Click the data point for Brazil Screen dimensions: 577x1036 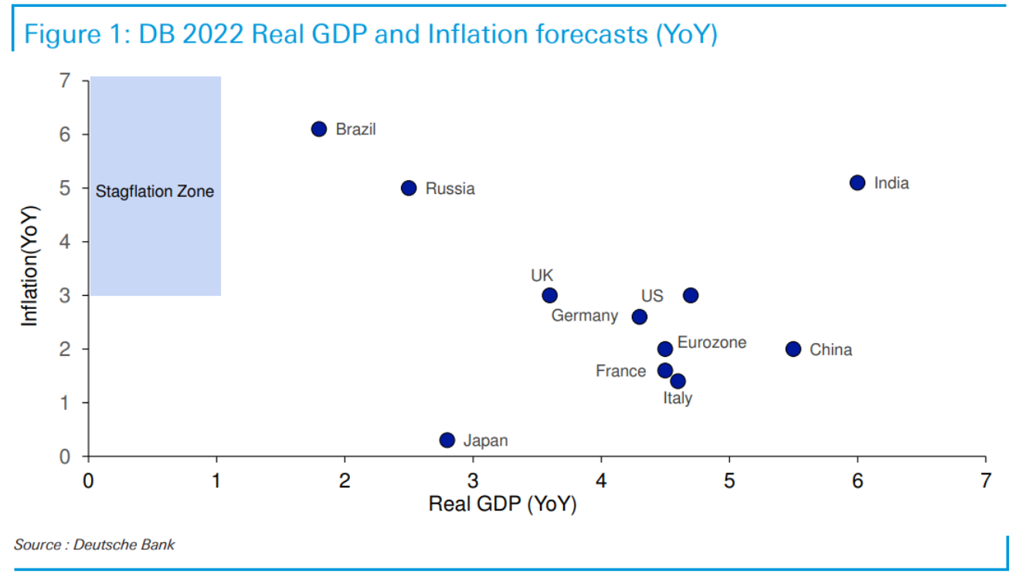(319, 129)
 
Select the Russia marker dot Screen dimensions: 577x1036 (409, 188)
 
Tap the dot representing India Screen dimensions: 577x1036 (858, 183)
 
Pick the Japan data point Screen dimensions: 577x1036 (447, 440)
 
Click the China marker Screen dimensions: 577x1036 (793, 349)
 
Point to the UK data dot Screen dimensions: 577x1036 (549, 295)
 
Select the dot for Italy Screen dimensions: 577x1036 (678, 381)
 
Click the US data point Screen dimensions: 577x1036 (691, 295)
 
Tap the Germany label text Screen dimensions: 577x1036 (584, 316)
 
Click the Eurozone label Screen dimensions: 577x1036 (712, 342)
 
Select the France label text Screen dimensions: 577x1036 (620, 372)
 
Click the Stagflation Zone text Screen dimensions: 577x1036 (155, 192)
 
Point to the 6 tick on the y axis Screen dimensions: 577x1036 (64, 134)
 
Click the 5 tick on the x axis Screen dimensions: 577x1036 (729, 480)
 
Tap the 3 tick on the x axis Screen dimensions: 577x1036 (473, 480)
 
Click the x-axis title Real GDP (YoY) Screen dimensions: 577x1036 (502, 504)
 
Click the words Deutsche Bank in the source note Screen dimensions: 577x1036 (124, 545)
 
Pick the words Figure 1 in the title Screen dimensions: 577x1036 (72, 35)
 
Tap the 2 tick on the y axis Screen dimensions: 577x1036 (64, 349)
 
